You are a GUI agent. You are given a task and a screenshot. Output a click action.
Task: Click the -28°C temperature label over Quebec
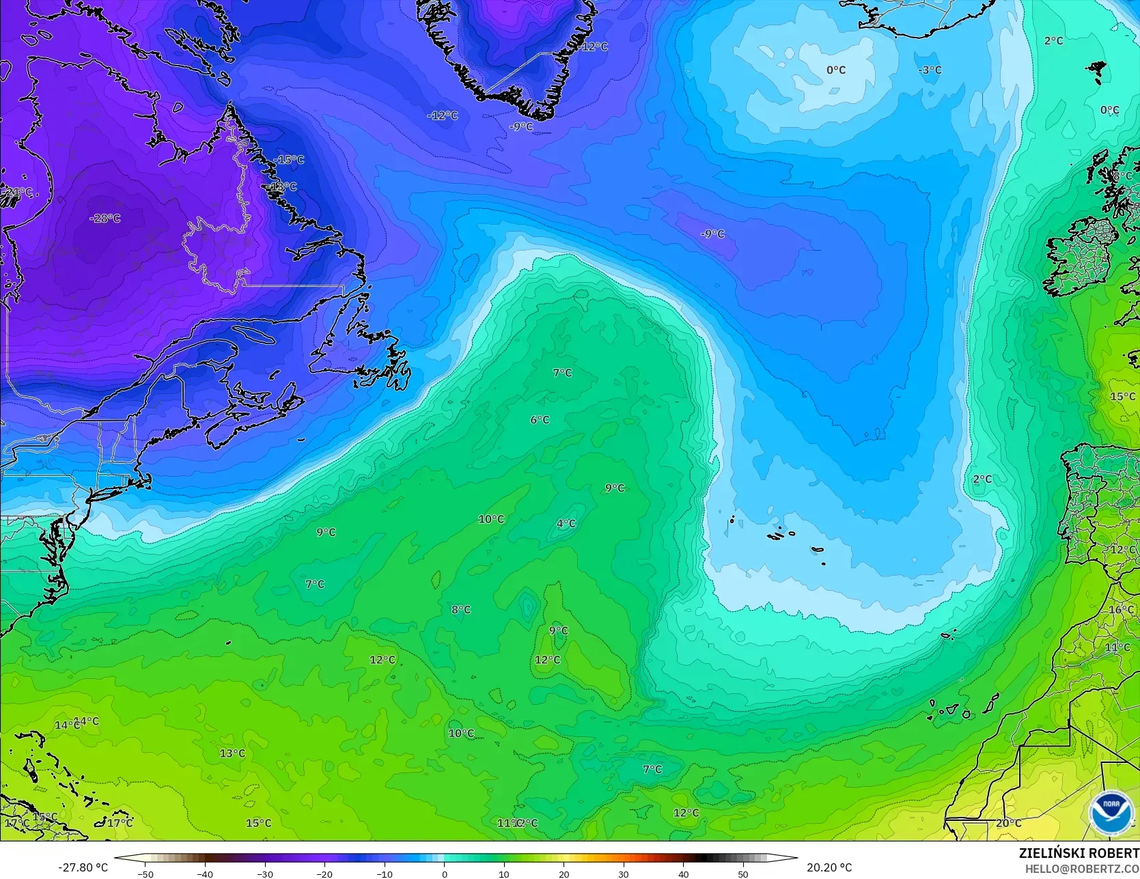105,219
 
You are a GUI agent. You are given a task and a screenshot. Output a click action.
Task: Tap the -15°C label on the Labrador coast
289,160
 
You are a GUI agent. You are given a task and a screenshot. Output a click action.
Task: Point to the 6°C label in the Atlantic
540,420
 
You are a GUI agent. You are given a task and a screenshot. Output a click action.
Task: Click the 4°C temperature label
566,524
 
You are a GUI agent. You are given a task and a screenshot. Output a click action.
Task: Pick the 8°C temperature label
461,609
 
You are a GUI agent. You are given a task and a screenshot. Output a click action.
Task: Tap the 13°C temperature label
232,753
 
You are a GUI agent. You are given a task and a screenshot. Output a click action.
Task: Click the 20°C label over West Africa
1008,823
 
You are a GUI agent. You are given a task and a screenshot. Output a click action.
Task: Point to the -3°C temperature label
930,70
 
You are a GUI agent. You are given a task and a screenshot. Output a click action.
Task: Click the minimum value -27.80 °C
83,867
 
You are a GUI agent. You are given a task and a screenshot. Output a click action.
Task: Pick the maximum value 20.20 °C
829,867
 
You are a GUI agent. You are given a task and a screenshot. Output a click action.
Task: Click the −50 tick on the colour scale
145,874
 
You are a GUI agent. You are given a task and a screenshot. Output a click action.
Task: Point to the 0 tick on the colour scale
444,874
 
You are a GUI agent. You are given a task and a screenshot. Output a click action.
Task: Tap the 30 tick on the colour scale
624,874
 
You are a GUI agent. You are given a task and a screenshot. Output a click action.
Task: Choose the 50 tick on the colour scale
743,874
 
